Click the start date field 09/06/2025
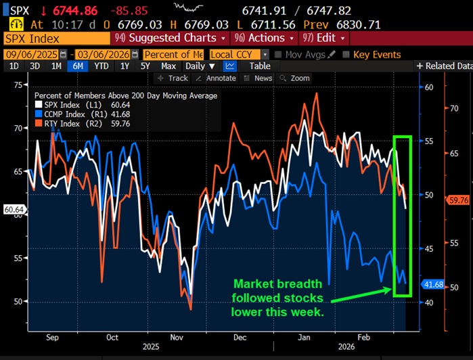point(31,54)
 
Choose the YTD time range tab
point(102,66)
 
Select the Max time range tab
point(168,66)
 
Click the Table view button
point(259,66)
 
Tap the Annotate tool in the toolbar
point(217,78)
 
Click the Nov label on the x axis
point(176,336)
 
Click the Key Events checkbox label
point(377,54)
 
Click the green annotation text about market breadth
point(278,298)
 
